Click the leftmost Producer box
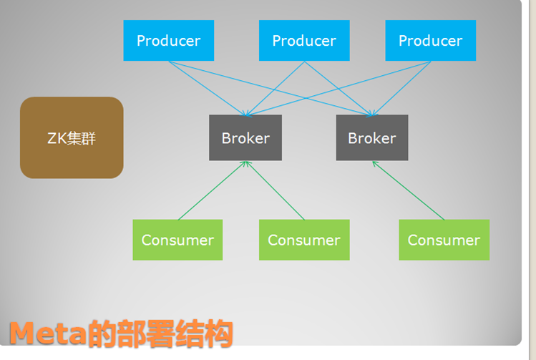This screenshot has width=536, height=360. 168,41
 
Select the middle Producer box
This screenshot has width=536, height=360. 304,41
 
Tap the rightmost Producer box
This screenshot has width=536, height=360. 430,41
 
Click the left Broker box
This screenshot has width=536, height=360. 245,137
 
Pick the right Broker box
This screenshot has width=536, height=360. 372,137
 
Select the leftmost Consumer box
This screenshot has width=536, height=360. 177,240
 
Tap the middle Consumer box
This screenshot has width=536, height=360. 304,240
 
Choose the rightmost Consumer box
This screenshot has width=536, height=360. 444,240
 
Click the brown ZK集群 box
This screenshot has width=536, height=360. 72,137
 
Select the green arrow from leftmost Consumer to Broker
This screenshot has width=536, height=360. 212,191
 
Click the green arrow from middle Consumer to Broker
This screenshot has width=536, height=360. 275,191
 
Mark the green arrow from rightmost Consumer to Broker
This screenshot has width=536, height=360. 408,191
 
